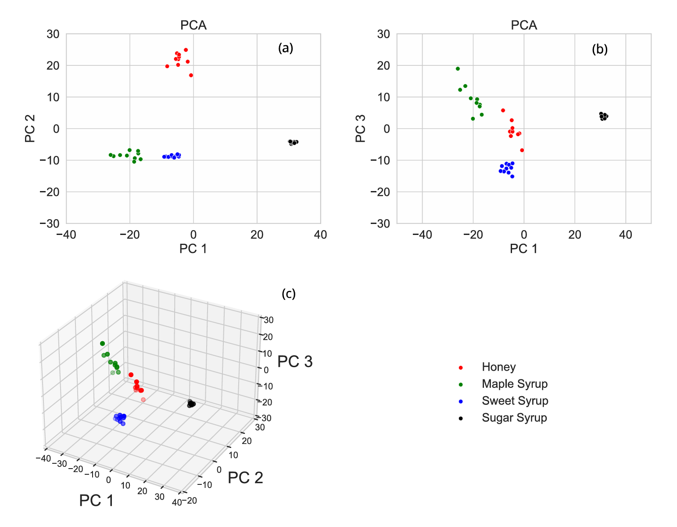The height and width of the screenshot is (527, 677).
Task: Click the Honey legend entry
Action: point(498,367)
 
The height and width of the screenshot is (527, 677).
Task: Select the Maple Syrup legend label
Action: point(514,384)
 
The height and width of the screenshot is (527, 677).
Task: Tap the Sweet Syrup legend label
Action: point(515,401)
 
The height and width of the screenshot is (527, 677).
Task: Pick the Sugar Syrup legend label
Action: point(514,418)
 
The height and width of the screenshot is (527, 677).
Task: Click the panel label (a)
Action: point(286,48)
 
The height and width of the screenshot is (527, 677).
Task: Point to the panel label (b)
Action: point(600,49)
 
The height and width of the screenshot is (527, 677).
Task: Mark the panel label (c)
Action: point(289,293)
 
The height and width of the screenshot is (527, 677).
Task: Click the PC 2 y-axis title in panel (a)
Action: point(30,129)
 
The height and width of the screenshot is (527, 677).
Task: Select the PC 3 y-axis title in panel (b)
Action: point(361,129)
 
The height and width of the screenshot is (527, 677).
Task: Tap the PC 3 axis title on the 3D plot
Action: point(295,361)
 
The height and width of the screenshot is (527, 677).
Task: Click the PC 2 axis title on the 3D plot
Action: point(245,478)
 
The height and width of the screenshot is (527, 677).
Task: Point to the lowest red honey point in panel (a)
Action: point(191,76)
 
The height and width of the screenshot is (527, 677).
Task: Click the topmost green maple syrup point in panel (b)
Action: point(458,69)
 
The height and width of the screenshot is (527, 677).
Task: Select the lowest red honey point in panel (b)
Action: point(522,150)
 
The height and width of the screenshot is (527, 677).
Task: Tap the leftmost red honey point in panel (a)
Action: point(167,66)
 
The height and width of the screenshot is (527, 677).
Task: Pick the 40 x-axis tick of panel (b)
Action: point(625,235)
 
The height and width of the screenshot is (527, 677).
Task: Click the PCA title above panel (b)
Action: point(524,25)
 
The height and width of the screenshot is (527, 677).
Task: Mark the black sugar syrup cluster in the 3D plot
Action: point(191,404)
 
